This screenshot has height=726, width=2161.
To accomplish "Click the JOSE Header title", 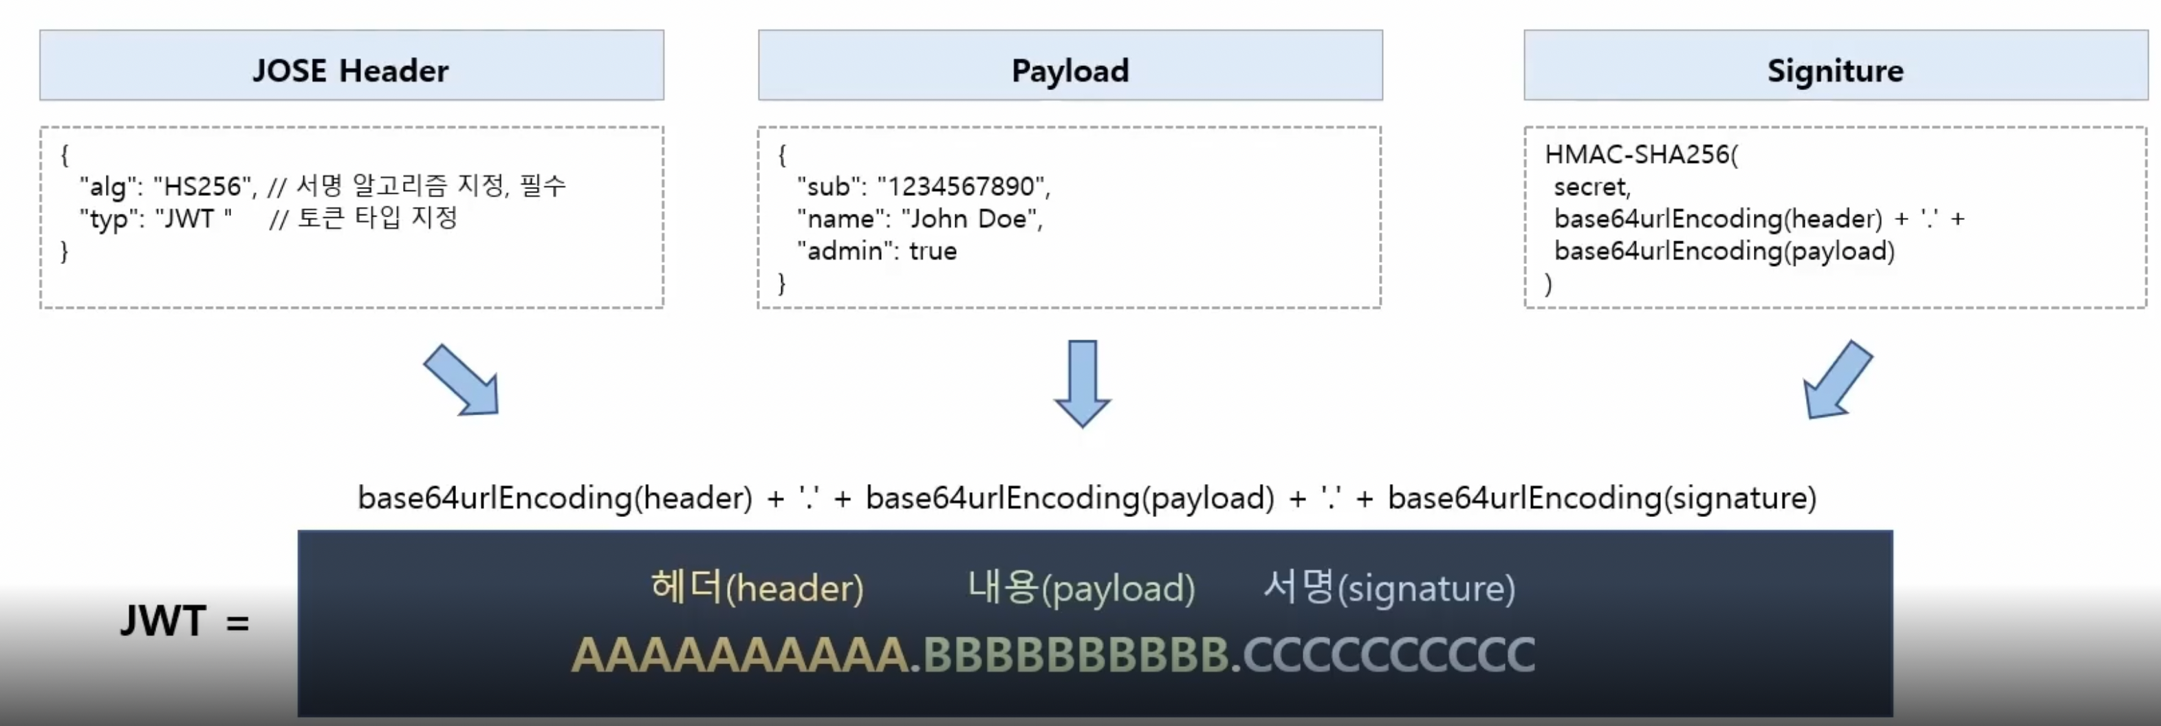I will (x=351, y=70).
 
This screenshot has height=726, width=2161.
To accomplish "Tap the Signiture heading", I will (x=1835, y=70).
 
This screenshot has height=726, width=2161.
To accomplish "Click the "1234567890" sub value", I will (x=962, y=186).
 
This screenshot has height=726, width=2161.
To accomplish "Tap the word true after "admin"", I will (x=933, y=251).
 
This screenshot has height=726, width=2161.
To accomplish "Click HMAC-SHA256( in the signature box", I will (x=1641, y=154).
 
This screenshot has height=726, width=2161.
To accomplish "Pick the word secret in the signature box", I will (x=1591, y=186).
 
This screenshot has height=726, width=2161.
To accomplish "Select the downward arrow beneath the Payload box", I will (x=1082, y=383).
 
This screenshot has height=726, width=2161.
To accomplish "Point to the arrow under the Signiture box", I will (x=1837, y=379).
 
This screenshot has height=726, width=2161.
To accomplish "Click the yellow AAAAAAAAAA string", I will (x=740, y=654).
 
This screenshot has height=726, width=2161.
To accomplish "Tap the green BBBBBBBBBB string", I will (x=1076, y=654).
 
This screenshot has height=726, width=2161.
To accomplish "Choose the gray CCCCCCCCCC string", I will (x=1389, y=654).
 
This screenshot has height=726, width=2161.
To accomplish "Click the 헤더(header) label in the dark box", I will (x=757, y=588).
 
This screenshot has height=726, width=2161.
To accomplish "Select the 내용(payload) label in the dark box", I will (x=1080, y=588).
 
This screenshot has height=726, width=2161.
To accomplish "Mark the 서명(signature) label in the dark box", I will (x=1389, y=588).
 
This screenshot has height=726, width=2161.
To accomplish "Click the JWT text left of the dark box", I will (x=164, y=621).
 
